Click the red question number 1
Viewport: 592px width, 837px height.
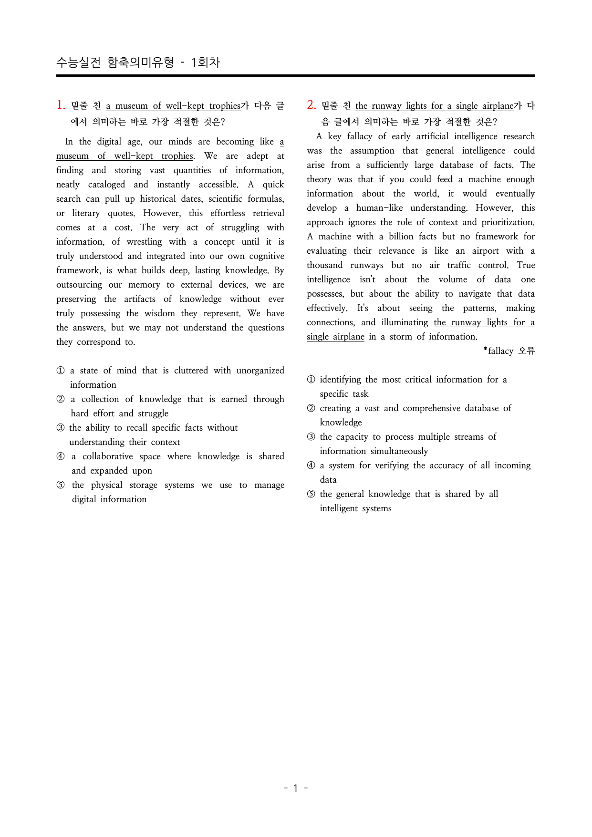point(61,105)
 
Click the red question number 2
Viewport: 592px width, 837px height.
point(311,105)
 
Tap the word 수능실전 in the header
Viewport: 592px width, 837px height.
point(78,62)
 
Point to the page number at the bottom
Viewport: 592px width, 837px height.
point(295,788)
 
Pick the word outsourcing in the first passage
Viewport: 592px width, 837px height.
point(79,285)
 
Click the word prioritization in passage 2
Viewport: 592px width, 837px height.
point(508,222)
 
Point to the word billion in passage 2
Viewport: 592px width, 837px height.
point(401,237)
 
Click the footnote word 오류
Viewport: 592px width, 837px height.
point(527,351)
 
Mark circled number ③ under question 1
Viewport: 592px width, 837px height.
point(61,428)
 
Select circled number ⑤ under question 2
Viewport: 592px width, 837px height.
point(311,494)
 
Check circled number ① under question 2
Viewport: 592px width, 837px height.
point(311,380)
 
